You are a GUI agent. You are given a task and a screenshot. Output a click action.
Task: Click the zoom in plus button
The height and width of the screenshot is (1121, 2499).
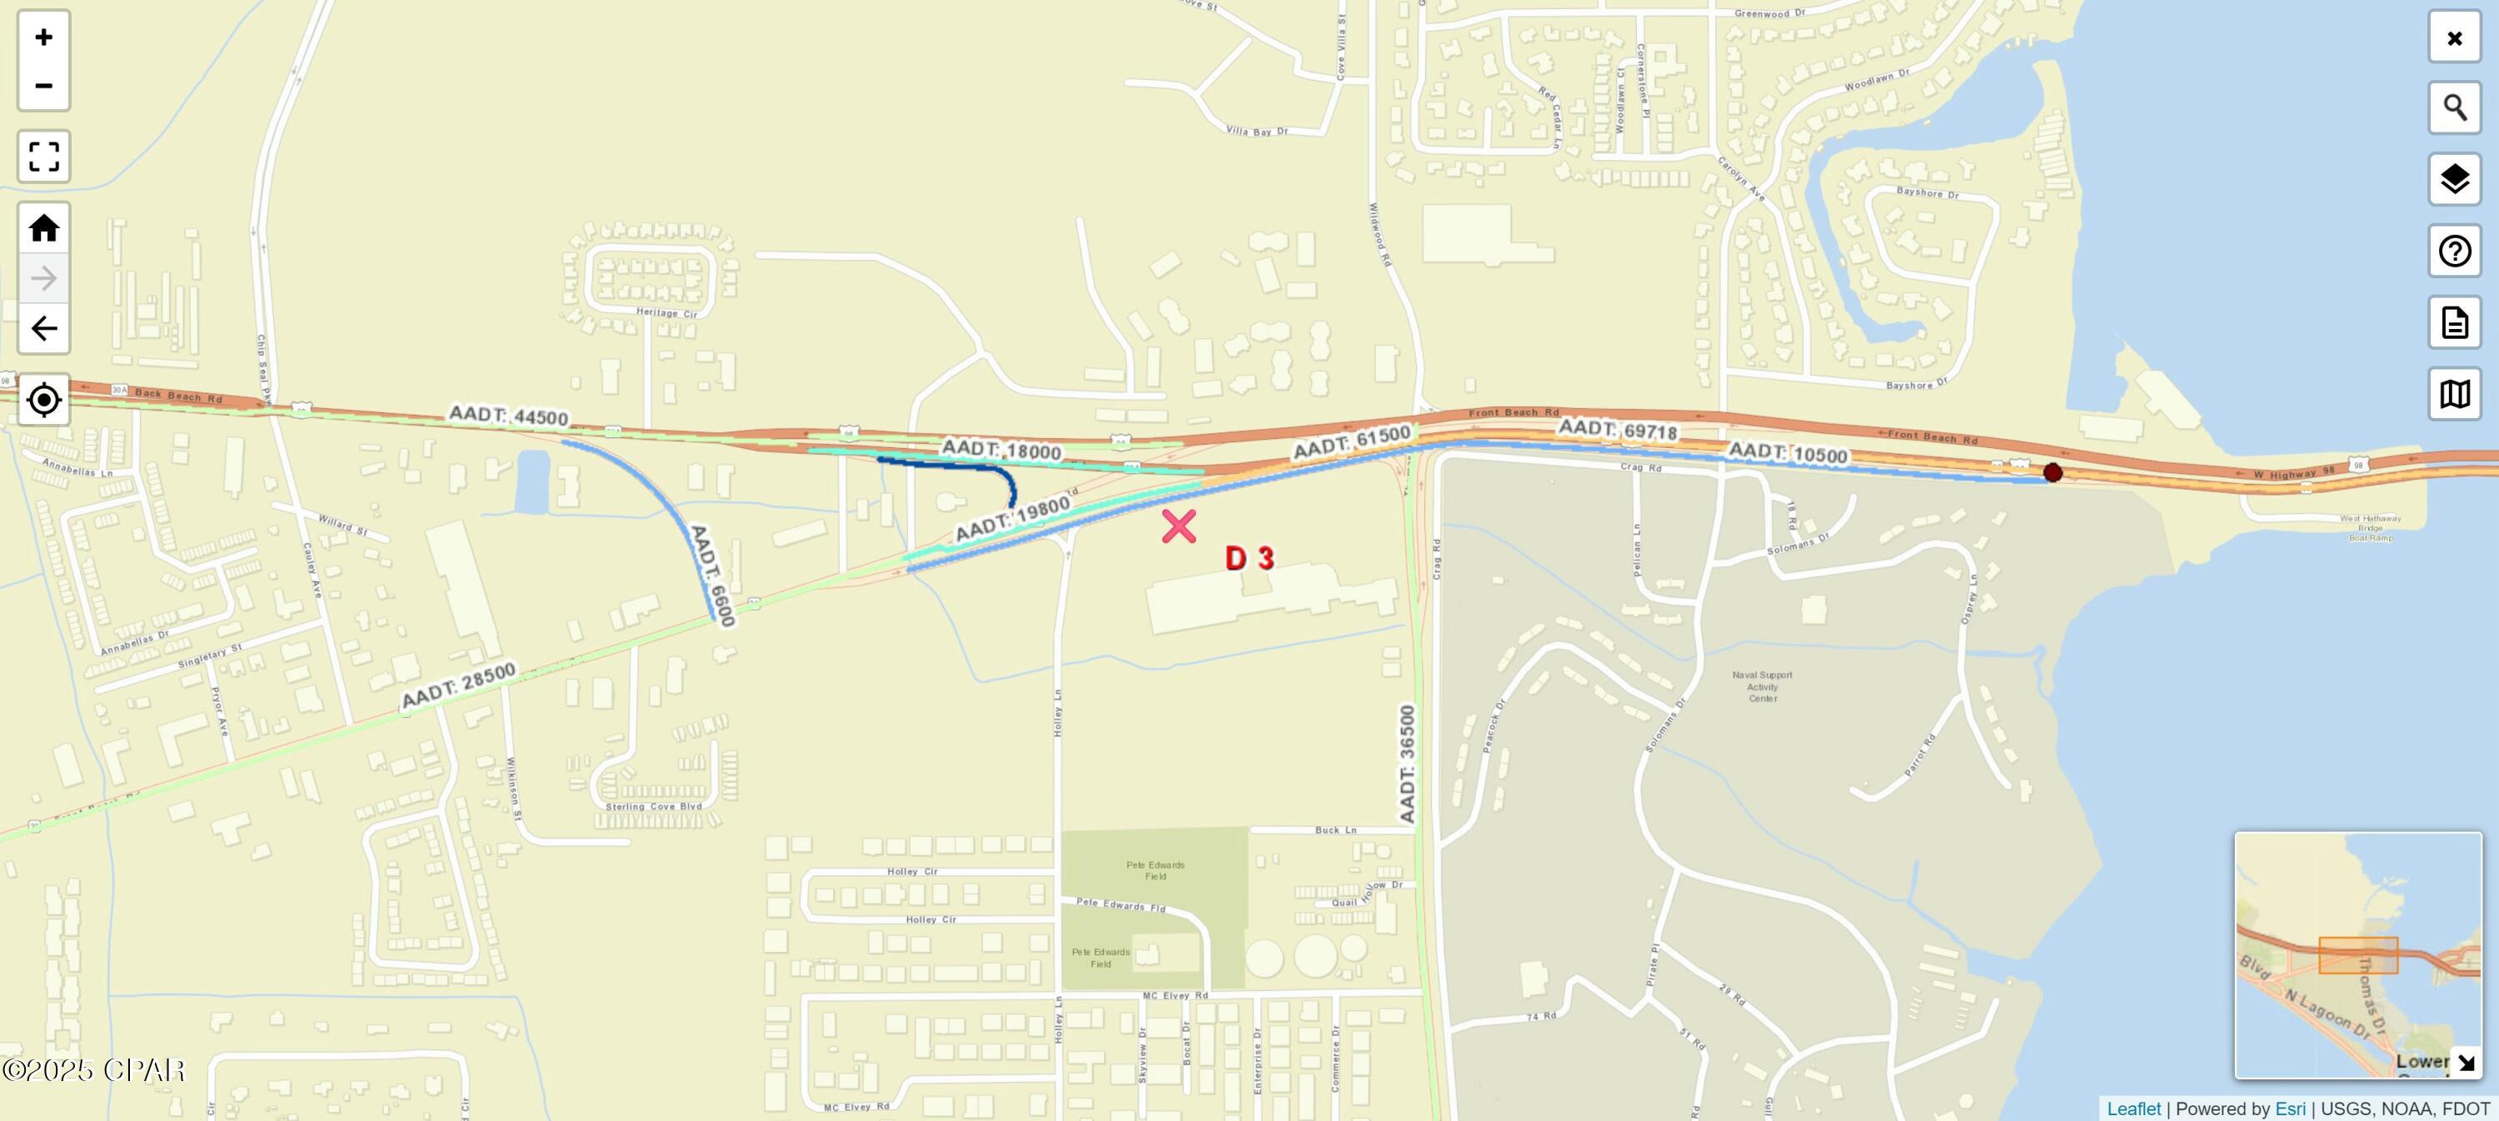43,37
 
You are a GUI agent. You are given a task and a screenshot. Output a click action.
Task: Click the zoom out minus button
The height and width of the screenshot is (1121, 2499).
43,85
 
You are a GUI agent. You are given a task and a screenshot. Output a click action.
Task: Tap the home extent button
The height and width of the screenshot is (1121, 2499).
43,228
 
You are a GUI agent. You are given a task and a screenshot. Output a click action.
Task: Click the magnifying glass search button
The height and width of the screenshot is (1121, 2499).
2454,107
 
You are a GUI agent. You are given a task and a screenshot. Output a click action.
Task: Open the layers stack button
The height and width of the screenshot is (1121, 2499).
2454,179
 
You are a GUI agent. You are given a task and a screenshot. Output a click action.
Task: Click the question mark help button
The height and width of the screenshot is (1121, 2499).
2454,252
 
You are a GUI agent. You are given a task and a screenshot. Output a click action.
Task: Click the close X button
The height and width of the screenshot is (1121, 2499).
2454,37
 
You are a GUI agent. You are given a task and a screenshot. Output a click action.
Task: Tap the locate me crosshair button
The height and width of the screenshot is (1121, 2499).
43,400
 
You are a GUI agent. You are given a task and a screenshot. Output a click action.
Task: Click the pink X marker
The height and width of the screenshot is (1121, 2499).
1179,526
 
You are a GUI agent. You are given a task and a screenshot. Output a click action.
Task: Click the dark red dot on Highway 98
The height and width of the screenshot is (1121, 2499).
2053,472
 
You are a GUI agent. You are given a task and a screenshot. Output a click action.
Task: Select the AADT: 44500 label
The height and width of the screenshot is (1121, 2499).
508,416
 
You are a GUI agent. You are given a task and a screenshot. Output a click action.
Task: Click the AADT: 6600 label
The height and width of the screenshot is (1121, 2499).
711,574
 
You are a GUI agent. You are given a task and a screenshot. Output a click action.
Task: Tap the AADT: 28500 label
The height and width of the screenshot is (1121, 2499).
458,685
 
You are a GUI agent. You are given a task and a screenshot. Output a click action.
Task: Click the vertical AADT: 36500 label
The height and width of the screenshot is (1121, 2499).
1408,765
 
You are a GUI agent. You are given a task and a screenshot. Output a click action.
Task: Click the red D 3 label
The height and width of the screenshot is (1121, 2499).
1249,558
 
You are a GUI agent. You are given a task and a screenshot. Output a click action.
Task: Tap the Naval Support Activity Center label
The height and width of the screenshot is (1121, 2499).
1763,686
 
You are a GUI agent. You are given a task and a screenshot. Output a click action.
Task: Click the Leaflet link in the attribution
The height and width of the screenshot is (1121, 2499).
2133,1109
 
